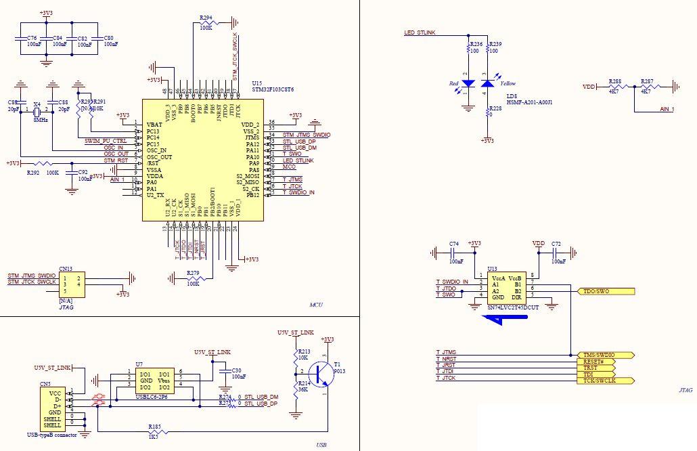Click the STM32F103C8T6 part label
point(273,89)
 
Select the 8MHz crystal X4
point(37,109)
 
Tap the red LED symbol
point(466,83)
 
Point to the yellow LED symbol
point(487,83)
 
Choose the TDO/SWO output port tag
point(605,292)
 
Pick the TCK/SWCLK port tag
point(606,381)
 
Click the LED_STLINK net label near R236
point(420,33)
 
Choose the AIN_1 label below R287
point(666,108)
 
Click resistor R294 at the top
point(206,24)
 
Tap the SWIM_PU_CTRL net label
point(105,140)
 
